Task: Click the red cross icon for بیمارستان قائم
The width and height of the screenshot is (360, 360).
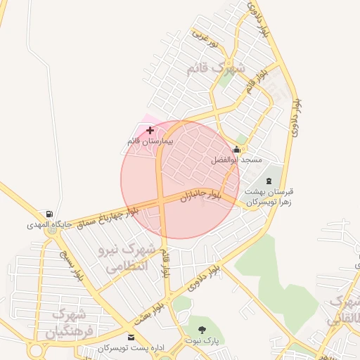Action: pyautogui.click(x=150, y=130)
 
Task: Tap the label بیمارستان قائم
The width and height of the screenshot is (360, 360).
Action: pyautogui.click(x=149, y=141)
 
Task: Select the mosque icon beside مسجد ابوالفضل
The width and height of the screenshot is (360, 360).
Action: pyautogui.click(x=236, y=150)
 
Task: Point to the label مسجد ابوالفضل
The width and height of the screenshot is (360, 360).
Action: pyautogui.click(x=236, y=160)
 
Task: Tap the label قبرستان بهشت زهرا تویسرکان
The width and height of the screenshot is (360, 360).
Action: pyautogui.click(x=268, y=196)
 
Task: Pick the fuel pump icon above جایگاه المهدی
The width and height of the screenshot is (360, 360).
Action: pyautogui.click(x=49, y=214)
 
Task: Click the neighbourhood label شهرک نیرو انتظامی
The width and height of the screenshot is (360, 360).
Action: pyautogui.click(x=132, y=258)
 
